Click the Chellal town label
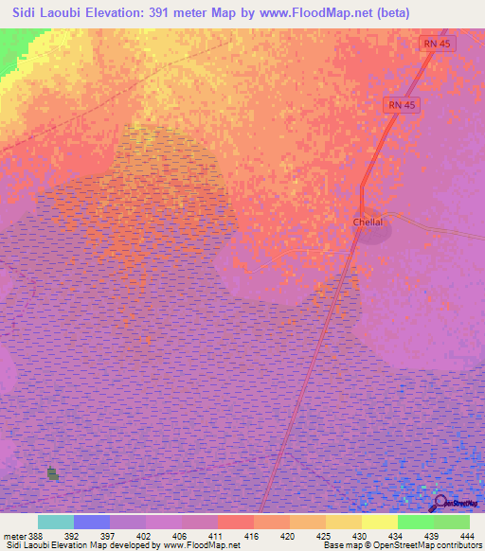368,222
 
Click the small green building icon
52,473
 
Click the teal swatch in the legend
56,522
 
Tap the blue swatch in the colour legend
92,522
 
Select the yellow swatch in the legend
380,522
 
